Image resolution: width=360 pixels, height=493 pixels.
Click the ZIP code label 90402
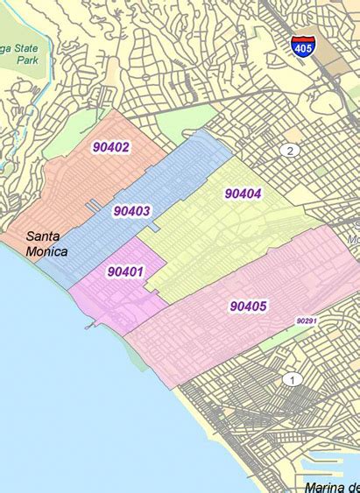(111, 147)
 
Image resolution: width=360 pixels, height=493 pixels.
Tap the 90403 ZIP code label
(131, 210)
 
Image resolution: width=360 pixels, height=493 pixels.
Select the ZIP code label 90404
(243, 193)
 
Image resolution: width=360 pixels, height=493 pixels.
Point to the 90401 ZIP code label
(125, 271)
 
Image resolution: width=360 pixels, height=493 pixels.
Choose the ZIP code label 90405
(249, 306)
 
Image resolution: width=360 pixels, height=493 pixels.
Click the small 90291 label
(306, 321)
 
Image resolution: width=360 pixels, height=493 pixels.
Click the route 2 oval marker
(290, 151)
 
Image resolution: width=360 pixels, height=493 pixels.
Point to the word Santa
(44, 236)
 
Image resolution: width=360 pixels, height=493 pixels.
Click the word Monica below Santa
(47, 251)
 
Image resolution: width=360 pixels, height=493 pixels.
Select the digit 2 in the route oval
(290, 151)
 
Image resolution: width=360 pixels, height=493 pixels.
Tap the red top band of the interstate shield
(303, 40)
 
